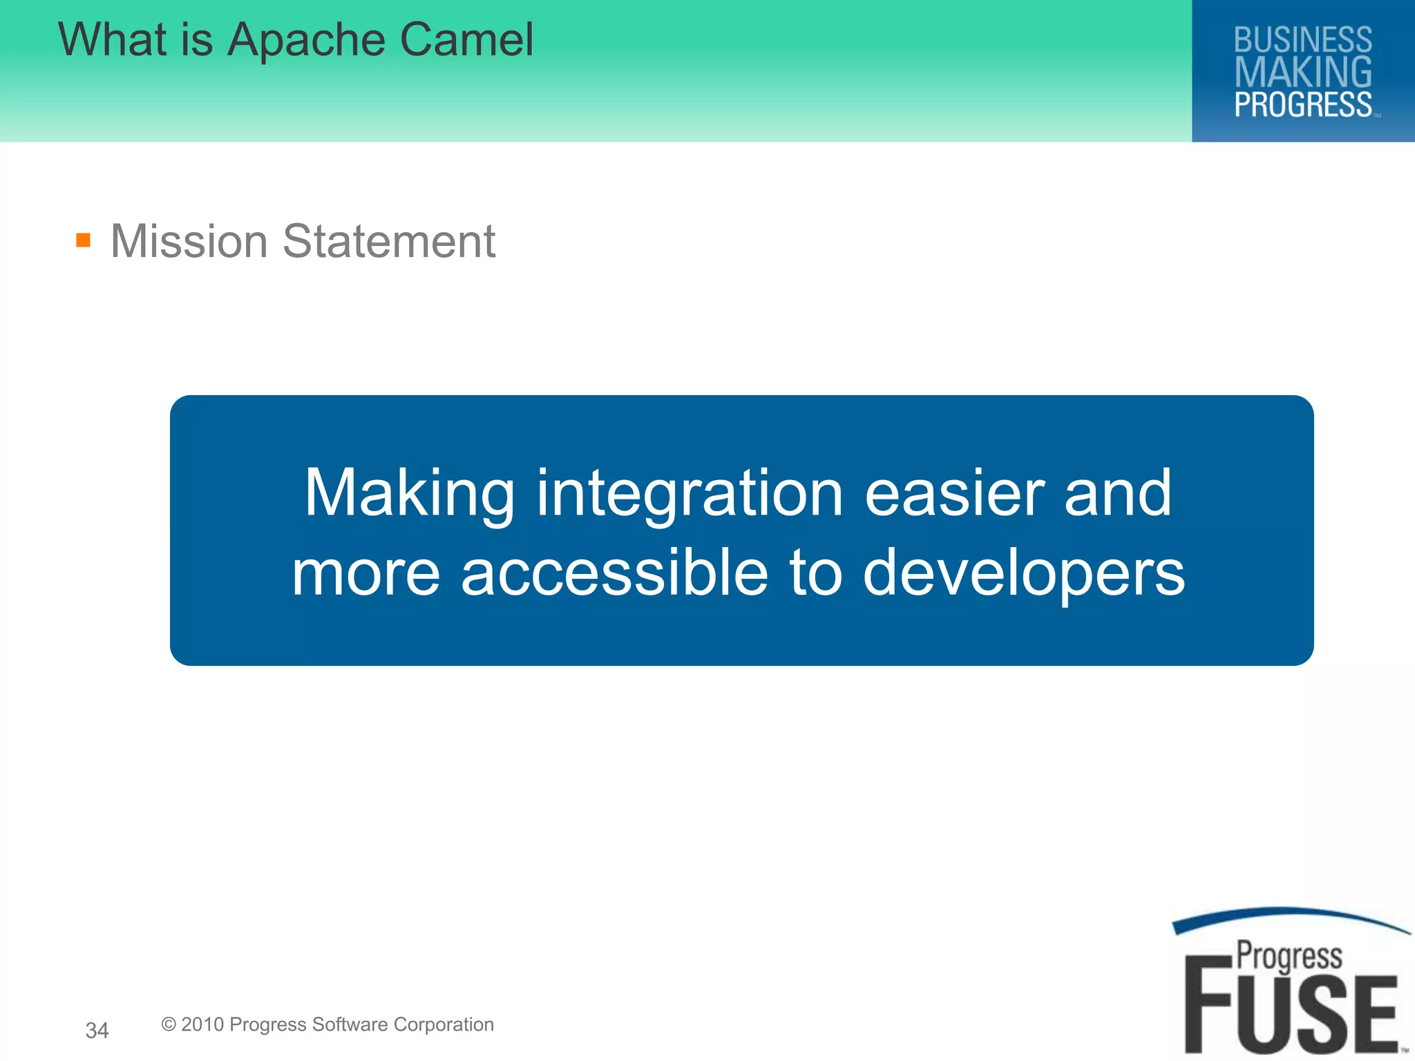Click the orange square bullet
click(x=84, y=240)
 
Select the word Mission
click(x=189, y=241)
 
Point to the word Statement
click(x=389, y=241)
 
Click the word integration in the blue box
click(x=690, y=493)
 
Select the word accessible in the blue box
click(x=614, y=573)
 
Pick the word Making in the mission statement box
click(x=410, y=493)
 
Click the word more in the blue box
click(x=365, y=574)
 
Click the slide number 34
click(x=97, y=1031)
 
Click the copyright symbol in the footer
click(x=169, y=1024)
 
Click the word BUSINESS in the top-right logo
click(x=1303, y=39)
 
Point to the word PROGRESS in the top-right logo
click(x=1303, y=105)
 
